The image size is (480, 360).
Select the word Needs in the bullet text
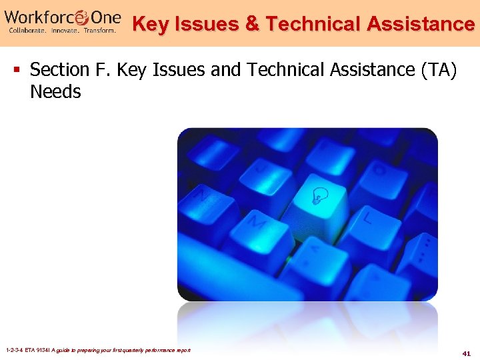(x=55, y=92)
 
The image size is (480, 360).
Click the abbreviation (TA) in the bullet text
(x=437, y=69)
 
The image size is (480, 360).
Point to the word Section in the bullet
(x=60, y=69)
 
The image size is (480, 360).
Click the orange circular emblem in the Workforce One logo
(x=83, y=16)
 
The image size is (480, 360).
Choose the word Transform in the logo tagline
(x=99, y=30)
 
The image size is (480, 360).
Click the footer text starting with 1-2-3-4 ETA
(x=97, y=350)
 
